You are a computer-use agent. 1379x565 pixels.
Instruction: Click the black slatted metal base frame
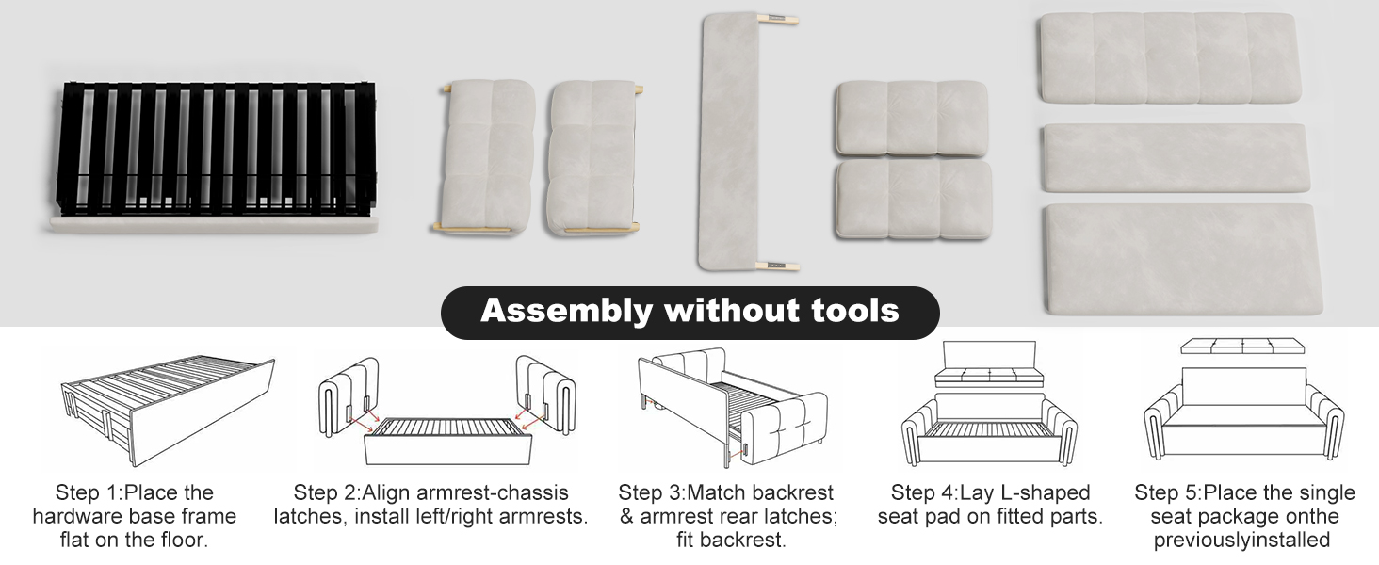pos(216,146)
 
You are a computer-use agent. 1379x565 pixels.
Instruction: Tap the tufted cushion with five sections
pos(1169,59)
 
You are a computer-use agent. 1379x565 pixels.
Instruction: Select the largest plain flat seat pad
pos(1181,258)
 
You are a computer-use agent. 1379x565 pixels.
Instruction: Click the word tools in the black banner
pos(852,311)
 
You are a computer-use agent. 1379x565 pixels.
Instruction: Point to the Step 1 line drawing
pos(165,410)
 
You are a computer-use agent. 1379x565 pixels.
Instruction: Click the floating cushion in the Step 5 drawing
pos(1242,347)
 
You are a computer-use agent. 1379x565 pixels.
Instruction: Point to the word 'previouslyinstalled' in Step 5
pos(1241,541)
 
